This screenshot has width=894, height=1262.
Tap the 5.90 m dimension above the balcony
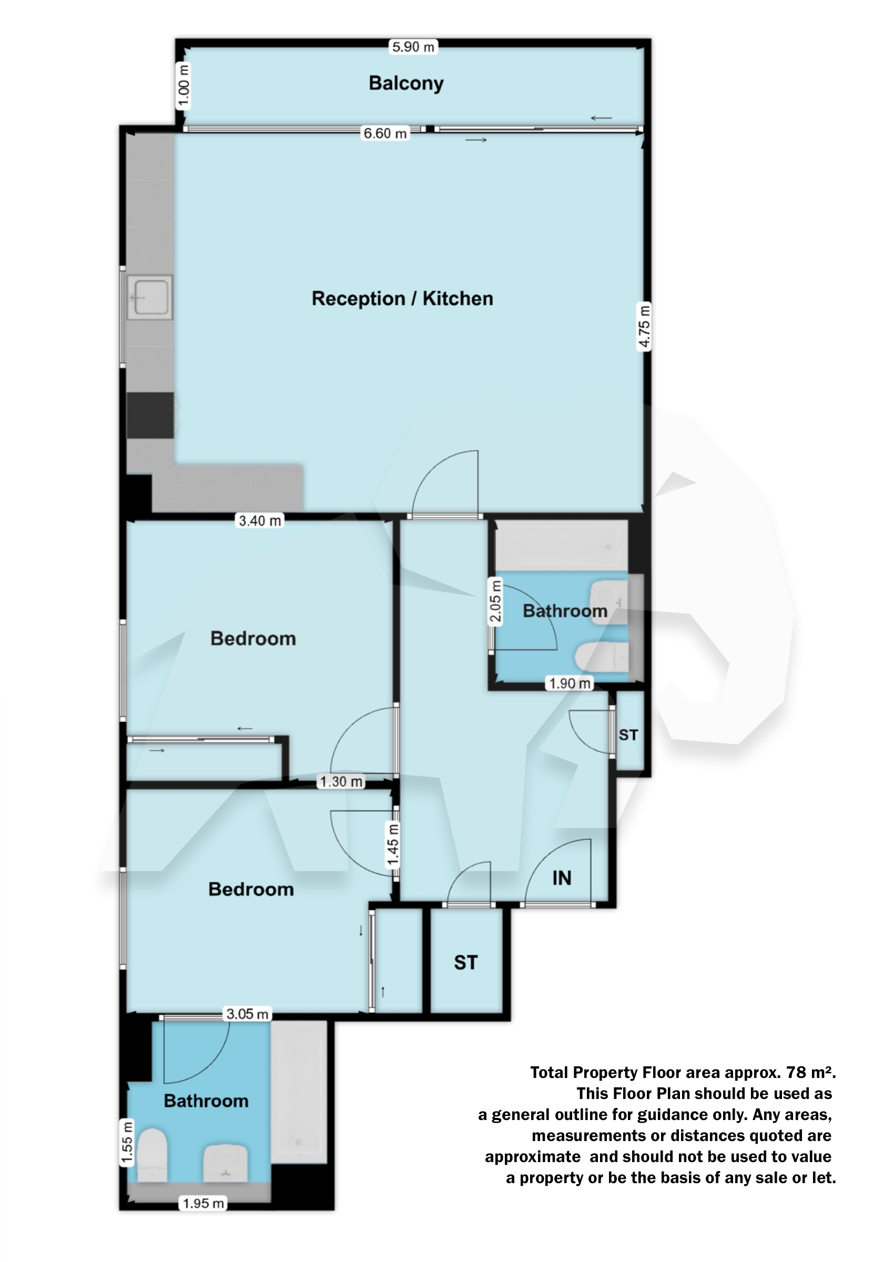pos(413,47)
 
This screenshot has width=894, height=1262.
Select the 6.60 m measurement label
pos(385,133)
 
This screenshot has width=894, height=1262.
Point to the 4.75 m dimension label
pos(644,326)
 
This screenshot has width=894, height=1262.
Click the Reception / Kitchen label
pos(402,298)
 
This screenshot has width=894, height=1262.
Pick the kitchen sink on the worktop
pos(150,297)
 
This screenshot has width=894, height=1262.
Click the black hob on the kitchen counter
pos(150,415)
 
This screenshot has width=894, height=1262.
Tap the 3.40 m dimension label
pos(260,521)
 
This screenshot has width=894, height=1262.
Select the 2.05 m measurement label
pos(495,601)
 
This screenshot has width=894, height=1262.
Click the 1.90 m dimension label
pos(570,684)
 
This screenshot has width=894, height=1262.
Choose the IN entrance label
pos(562,878)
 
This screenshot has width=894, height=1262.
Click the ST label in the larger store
pos(466,963)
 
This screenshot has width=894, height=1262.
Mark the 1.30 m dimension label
pos(341,781)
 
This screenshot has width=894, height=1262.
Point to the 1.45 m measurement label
pos(392,845)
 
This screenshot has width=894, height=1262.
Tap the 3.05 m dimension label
pos(247,1014)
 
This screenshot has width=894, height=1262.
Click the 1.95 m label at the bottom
pos(203,1203)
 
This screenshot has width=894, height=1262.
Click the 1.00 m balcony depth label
pos(184,86)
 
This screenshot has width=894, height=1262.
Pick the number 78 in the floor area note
pos(796,1072)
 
